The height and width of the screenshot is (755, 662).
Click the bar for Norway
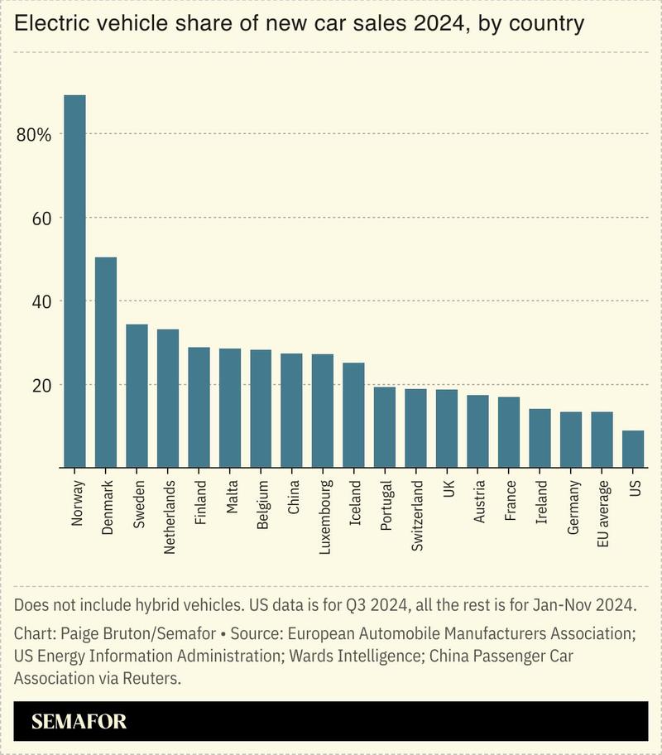pyautogui.click(x=74, y=281)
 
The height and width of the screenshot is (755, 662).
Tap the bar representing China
pyautogui.click(x=291, y=411)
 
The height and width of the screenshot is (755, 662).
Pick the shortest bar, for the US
pyautogui.click(x=633, y=449)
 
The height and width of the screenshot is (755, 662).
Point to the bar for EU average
pyautogui.click(x=602, y=440)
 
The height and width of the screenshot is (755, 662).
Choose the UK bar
pyautogui.click(x=447, y=428)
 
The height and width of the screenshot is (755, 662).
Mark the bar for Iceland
pyautogui.click(x=353, y=415)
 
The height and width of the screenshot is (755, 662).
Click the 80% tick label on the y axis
pyautogui.click(x=35, y=135)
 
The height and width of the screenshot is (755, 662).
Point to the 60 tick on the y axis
pyautogui.click(x=41, y=219)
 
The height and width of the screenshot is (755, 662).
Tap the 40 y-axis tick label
pyautogui.click(x=41, y=302)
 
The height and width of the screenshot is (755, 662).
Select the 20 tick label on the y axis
pyautogui.click(x=41, y=386)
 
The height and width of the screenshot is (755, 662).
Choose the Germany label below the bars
pyautogui.click(x=573, y=507)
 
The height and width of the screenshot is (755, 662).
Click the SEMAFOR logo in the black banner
pyautogui.click(x=79, y=721)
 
